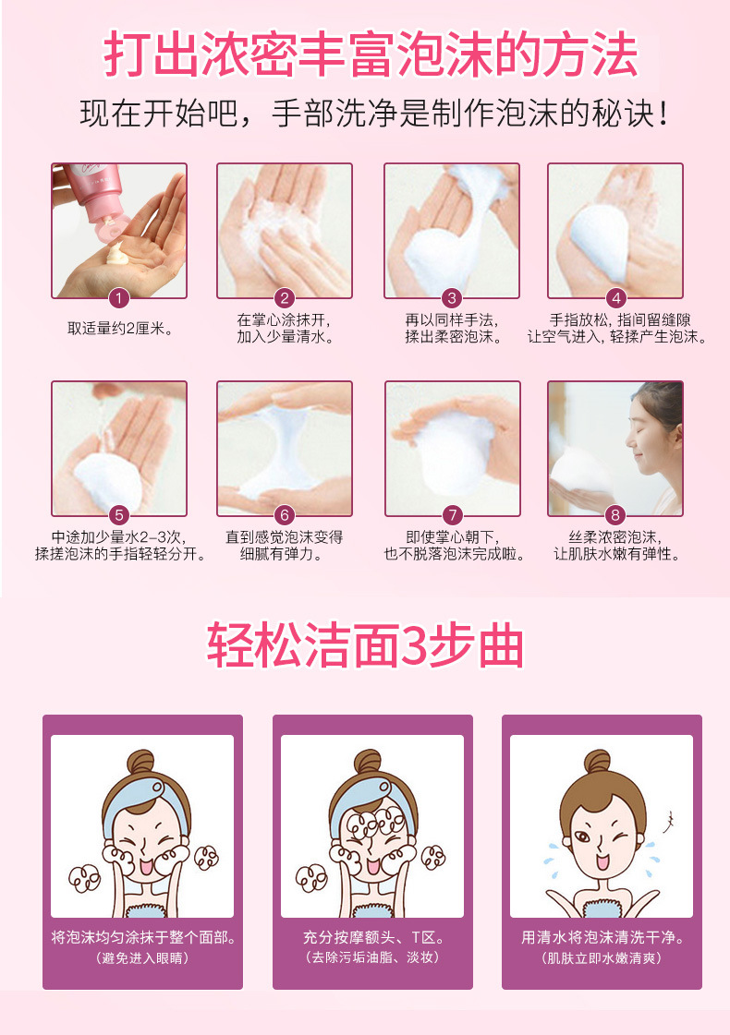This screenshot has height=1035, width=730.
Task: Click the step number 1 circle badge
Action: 118,297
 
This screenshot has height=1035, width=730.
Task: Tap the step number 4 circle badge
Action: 616,297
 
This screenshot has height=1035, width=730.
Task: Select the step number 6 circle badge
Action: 285,515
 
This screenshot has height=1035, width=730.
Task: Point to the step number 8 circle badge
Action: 616,515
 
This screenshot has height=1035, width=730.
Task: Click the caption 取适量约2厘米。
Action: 119,329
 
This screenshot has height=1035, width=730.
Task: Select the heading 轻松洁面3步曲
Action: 365,647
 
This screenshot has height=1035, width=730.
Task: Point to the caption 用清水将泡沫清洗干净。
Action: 602,938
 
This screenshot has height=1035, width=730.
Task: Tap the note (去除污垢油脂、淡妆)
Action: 371,958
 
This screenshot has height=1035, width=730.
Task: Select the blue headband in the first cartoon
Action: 142,794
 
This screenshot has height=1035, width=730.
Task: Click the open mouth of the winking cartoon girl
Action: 602,862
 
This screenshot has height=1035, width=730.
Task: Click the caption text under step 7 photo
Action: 453,545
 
